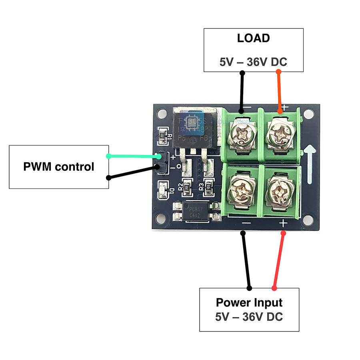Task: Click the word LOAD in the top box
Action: pyautogui.click(x=253, y=38)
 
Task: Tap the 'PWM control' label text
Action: pyautogui.click(x=59, y=166)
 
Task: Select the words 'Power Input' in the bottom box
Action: pyautogui.click(x=249, y=302)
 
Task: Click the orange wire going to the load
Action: pyautogui.click(x=279, y=92)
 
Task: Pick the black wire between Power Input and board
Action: pyautogui.click(x=246, y=260)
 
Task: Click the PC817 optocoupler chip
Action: pyautogui.click(x=196, y=212)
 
